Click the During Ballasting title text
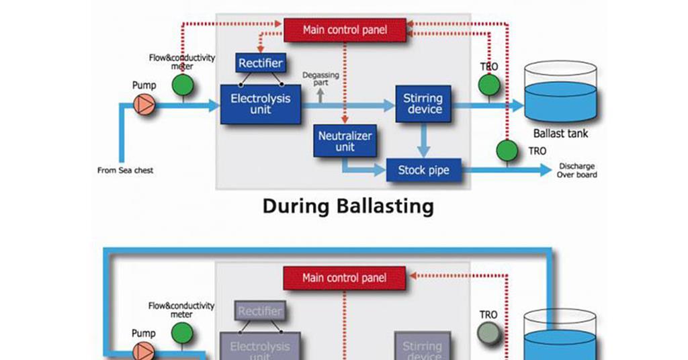[347, 206]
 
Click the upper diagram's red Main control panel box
[345, 30]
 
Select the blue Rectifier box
[261, 63]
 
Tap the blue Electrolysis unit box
[261, 103]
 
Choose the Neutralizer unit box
[345, 141]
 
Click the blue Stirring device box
[423, 103]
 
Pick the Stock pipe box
[423, 171]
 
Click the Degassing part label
[320, 79]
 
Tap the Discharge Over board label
[576, 171]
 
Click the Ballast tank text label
[560, 134]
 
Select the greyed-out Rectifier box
[260, 312]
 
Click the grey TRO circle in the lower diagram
[488, 333]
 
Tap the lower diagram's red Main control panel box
[345, 277]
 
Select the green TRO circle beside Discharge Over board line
[507, 151]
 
